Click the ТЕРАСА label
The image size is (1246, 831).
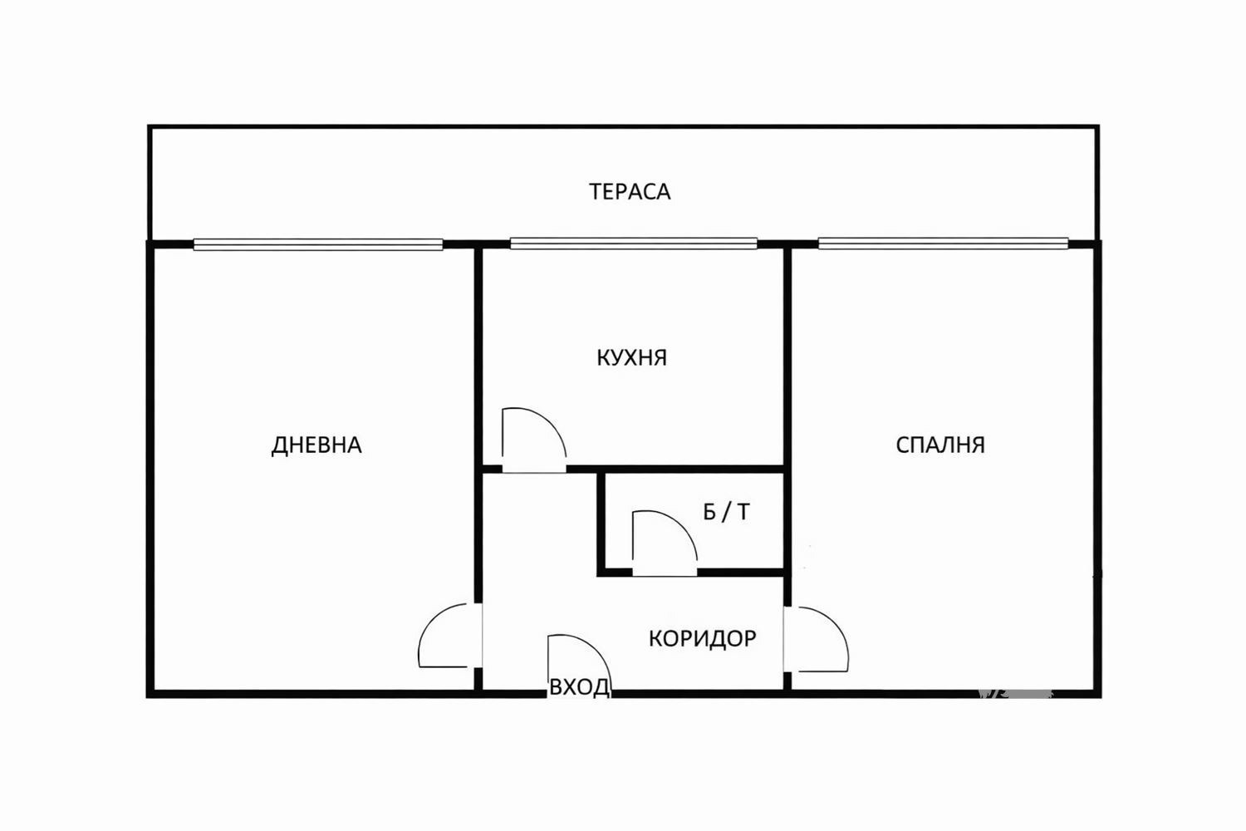tap(630, 192)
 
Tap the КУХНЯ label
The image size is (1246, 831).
tap(631, 358)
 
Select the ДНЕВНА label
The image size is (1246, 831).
tap(316, 445)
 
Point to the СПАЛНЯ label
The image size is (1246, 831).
tap(940, 445)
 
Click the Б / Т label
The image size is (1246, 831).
tap(726, 512)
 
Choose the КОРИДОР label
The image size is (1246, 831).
tap(702, 638)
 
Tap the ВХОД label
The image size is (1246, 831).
tap(579, 687)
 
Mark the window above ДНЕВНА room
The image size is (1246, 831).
tap(317, 244)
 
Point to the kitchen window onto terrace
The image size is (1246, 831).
tap(633, 243)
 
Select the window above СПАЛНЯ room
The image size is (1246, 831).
tap(943, 243)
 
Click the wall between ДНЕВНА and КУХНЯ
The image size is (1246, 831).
tap(478, 357)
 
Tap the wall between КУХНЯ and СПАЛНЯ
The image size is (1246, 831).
tap(787, 357)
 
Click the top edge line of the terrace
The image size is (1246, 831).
tap(623, 127)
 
